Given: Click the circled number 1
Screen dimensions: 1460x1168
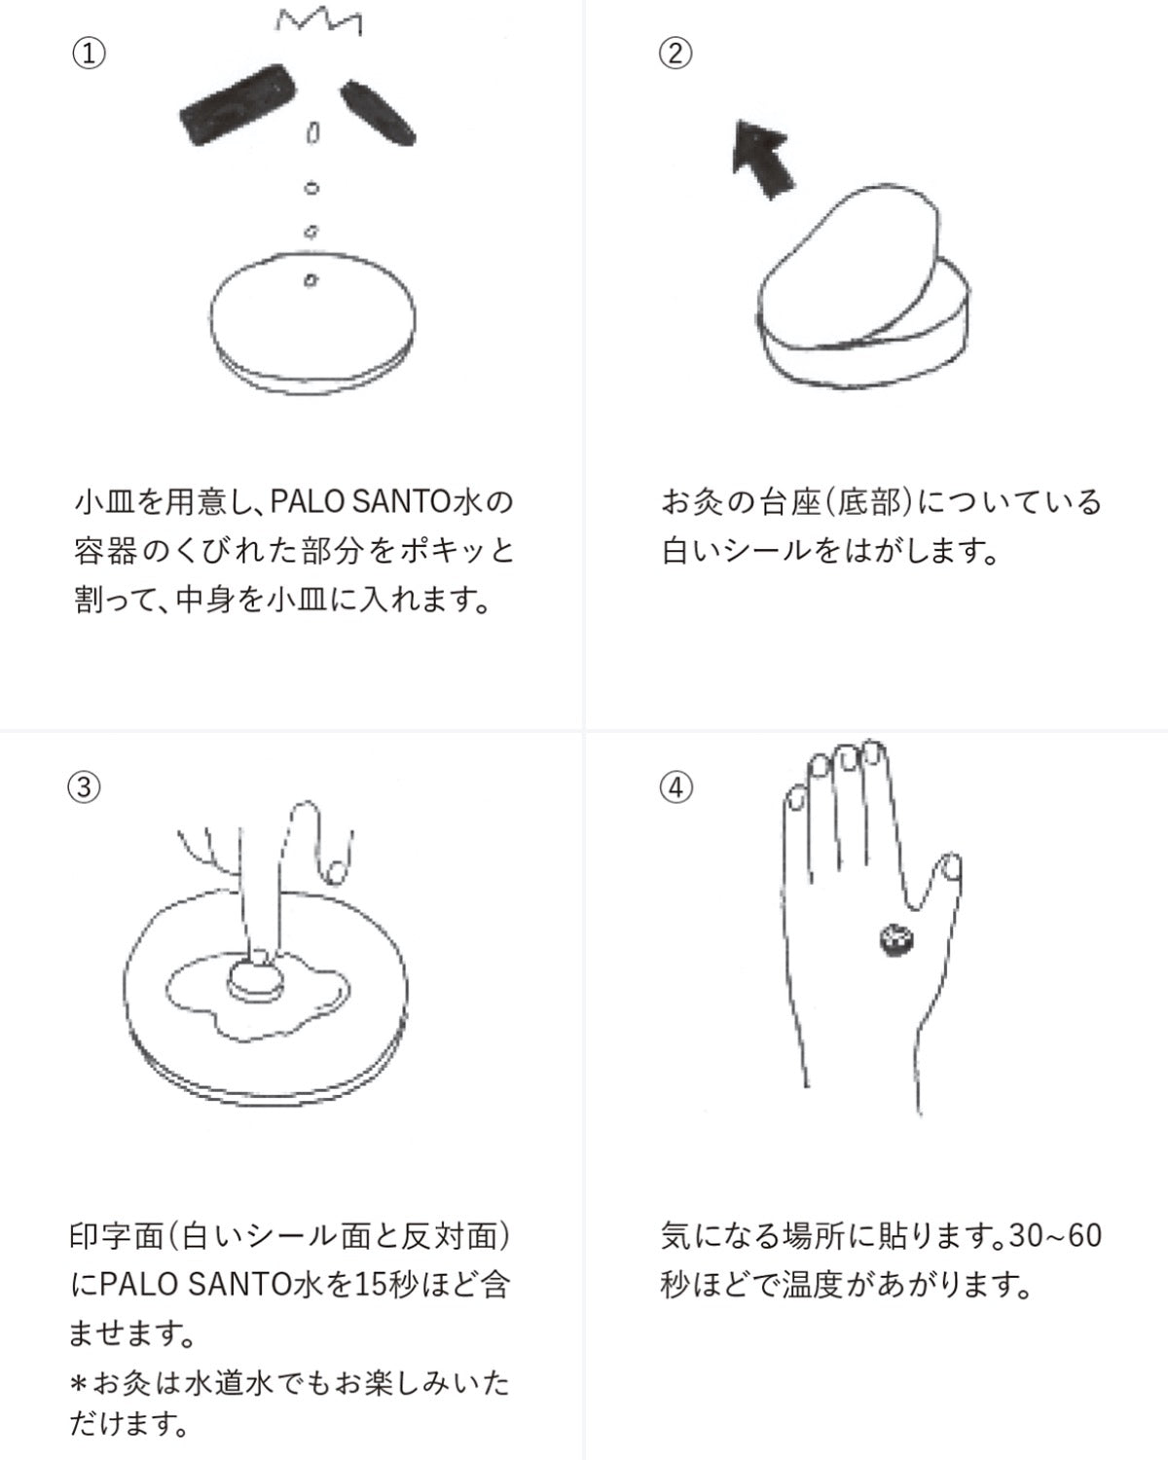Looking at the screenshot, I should tap(89, 53).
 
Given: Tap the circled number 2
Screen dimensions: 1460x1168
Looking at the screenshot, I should tap(676, 53).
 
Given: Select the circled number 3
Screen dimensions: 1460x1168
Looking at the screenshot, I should tap(84, 786).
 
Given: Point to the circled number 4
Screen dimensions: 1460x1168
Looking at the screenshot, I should tap(676, 786).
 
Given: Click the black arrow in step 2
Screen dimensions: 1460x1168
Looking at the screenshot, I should tap(763, 157).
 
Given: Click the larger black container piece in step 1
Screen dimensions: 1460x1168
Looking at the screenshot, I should tap(238, 103).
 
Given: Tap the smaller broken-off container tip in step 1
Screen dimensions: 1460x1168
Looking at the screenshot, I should tap(379, 111).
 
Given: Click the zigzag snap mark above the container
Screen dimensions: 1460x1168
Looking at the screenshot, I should tap(318, 21).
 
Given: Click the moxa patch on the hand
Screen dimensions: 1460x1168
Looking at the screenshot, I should tap(894, 939).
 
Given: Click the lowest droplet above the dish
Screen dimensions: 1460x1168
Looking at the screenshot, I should tap(310, 280).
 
